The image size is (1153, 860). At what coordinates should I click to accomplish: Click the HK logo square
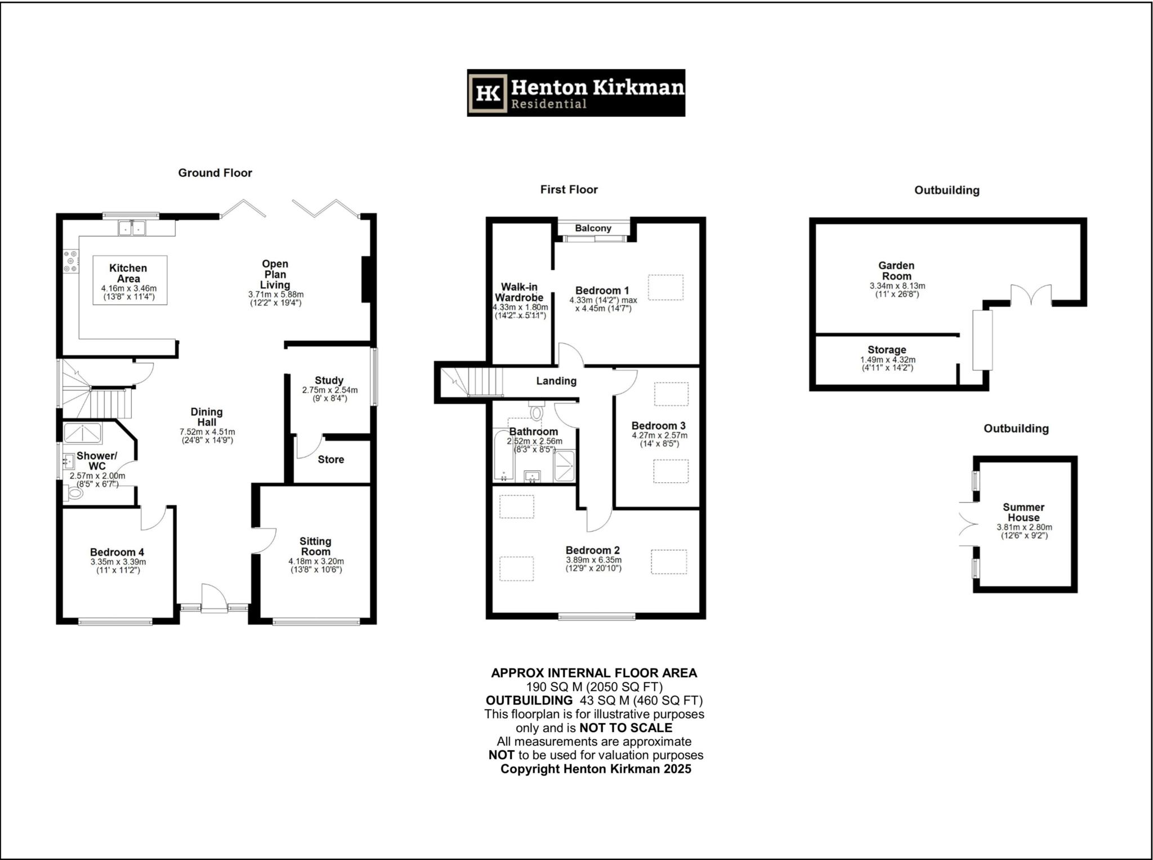[488, 93]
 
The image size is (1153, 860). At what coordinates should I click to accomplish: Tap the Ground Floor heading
[215, 173]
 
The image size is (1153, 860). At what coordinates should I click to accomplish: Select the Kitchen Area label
[128, 273]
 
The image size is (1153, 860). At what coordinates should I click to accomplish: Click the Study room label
[329, 380]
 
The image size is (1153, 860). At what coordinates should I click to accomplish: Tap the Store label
[331, 460]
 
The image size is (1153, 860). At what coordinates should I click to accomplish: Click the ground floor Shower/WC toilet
[73, 493]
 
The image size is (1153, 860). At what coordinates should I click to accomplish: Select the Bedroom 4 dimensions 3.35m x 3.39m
[118, 562]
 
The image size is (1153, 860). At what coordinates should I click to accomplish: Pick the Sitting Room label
[315, 546]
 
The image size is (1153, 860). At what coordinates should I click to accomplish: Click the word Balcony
[593, 228]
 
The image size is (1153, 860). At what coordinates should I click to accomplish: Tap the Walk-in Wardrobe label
[519, 292]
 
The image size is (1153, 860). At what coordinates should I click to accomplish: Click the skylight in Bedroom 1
[665, 287]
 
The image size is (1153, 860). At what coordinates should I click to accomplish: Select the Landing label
[556, 381]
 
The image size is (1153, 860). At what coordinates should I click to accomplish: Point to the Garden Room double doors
[1031, 295]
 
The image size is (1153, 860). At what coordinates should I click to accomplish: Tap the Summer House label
[1024, 513]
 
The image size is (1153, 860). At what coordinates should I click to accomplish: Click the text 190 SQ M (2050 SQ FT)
[594, 687]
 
